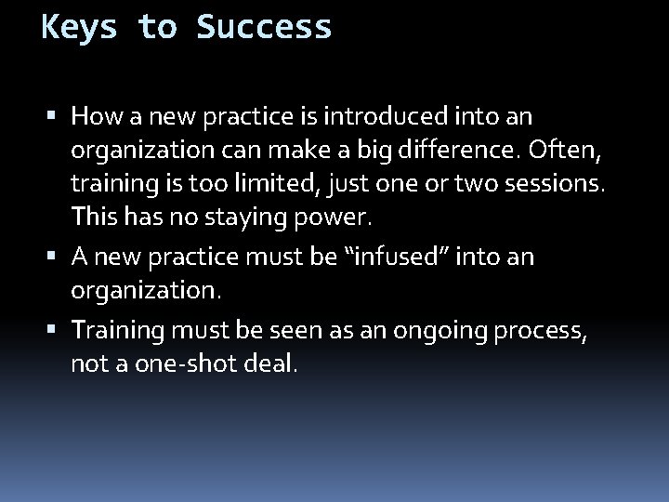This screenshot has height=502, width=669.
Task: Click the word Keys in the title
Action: [x=80, y=27]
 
